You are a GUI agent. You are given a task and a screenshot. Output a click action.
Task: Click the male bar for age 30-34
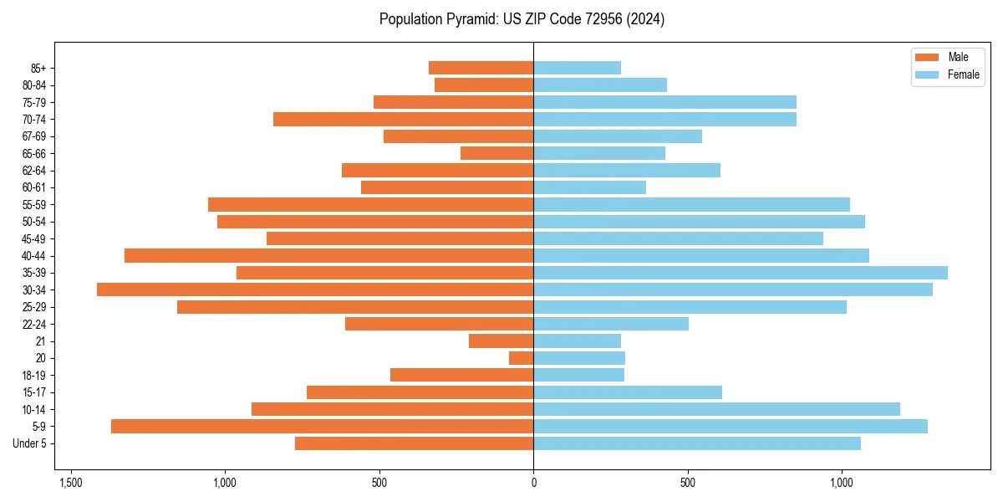(x=315, y=289)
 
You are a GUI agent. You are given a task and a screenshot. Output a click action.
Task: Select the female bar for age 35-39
(x=741, y=273)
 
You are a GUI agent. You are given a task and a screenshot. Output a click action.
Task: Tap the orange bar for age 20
(x=521, y=358)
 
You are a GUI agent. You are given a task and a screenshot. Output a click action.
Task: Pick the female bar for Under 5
(x=697, y=443)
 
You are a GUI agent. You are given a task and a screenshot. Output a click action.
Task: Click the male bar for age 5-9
(x=322, y=426)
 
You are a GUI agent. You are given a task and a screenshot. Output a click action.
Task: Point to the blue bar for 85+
(x=577, y=68)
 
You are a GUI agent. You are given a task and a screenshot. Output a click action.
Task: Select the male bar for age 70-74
(x=403, y=119)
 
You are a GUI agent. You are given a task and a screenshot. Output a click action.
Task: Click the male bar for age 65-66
(x=496, y=153)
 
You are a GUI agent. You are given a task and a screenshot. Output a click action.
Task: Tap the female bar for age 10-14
(x=716, y=409)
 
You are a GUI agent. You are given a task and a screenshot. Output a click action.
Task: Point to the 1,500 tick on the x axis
(x=71, y=483)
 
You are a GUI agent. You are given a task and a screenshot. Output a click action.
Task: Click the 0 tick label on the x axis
(x=533, y=483)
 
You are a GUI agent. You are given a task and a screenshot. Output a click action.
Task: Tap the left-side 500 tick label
(x=379, y=483)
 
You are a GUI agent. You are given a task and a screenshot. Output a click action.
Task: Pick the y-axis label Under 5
(x=29, y=443)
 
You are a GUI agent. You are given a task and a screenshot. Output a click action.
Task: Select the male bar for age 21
(x=501, y=341)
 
